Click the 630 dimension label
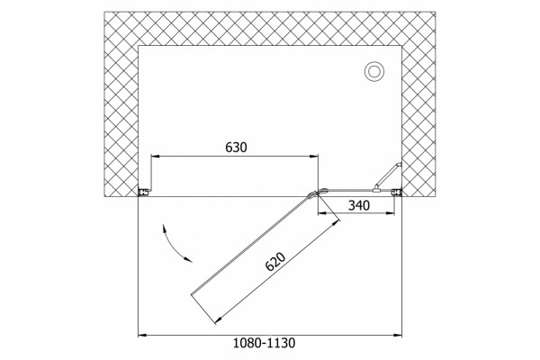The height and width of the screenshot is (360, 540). click(236, 148)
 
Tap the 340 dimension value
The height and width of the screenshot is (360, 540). click(359, 206)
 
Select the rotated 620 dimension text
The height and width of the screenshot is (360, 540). click(275, 262)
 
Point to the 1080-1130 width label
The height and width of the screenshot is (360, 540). click(264, 343)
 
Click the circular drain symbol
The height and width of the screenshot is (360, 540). click(374, 72)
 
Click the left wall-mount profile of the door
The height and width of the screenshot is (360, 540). click(144, 192)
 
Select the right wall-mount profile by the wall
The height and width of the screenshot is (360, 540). click(398, 193)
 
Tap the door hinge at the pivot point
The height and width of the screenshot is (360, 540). click(317, 193)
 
